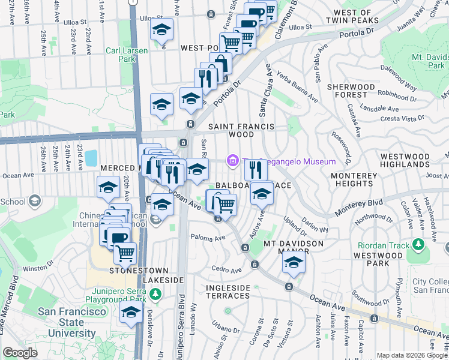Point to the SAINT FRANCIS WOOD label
pyautogui.click(x=241, y=131)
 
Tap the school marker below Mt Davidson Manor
pyautogui.click(x=294, y=262)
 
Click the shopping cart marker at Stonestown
pyautogui.click(x=125, y=253)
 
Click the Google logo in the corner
pyautogui.click(x=20, y=352)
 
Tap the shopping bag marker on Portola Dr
pyautogui.click(x=220, y=64)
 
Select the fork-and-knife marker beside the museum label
pyautogui.click(x=256, y=170)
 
